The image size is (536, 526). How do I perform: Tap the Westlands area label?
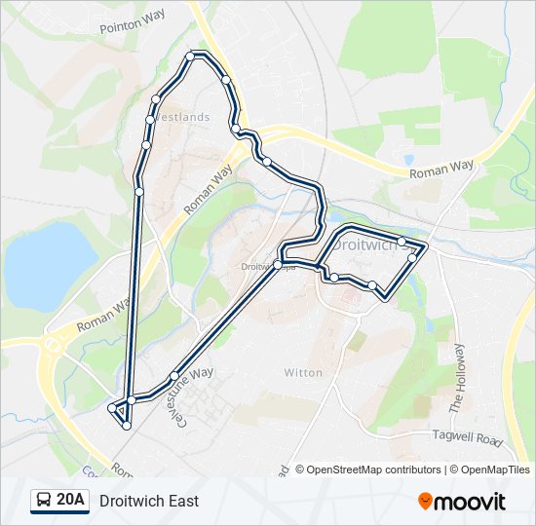(183, 117)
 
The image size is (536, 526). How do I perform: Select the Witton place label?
(302, 372)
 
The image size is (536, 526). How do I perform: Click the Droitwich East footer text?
(149, 501)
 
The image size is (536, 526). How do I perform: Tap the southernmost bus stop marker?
(127, 426)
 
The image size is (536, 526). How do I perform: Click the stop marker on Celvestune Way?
(174, 376)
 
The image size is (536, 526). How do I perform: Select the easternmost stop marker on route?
(412, 257)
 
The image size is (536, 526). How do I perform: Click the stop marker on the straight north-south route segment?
(139, 192)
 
